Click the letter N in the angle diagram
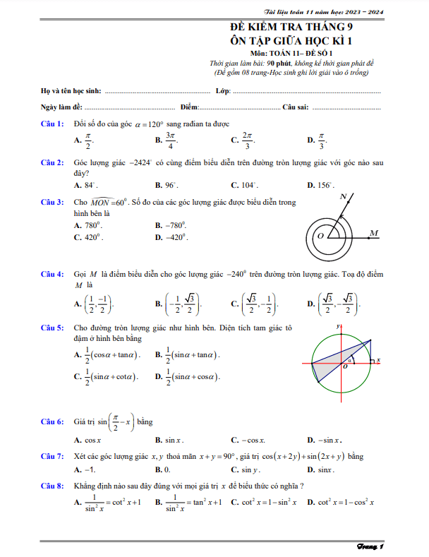click(x=343, y=196)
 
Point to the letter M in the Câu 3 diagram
click(x=373, y=232)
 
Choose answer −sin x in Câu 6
click(x=324, y=439)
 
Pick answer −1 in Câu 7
click(x=88, y=469)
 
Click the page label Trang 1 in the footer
click(x=370, y=547)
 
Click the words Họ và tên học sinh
click(x=71, y=92)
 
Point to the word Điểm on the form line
click(x=189, y=107)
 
